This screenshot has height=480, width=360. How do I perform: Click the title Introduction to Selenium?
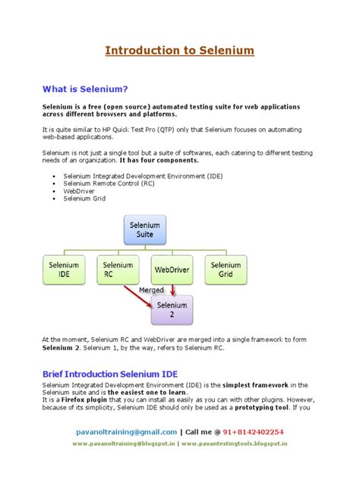click(179, 51)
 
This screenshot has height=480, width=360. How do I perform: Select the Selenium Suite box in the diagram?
click(144, 229)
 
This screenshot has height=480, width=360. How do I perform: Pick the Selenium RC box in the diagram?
click(117, 270)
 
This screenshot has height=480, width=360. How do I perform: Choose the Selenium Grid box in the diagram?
click(226, 270)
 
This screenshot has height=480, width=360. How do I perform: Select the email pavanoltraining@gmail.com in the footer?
click(126, 431)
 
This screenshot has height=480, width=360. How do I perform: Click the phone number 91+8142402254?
click(254, 431)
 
